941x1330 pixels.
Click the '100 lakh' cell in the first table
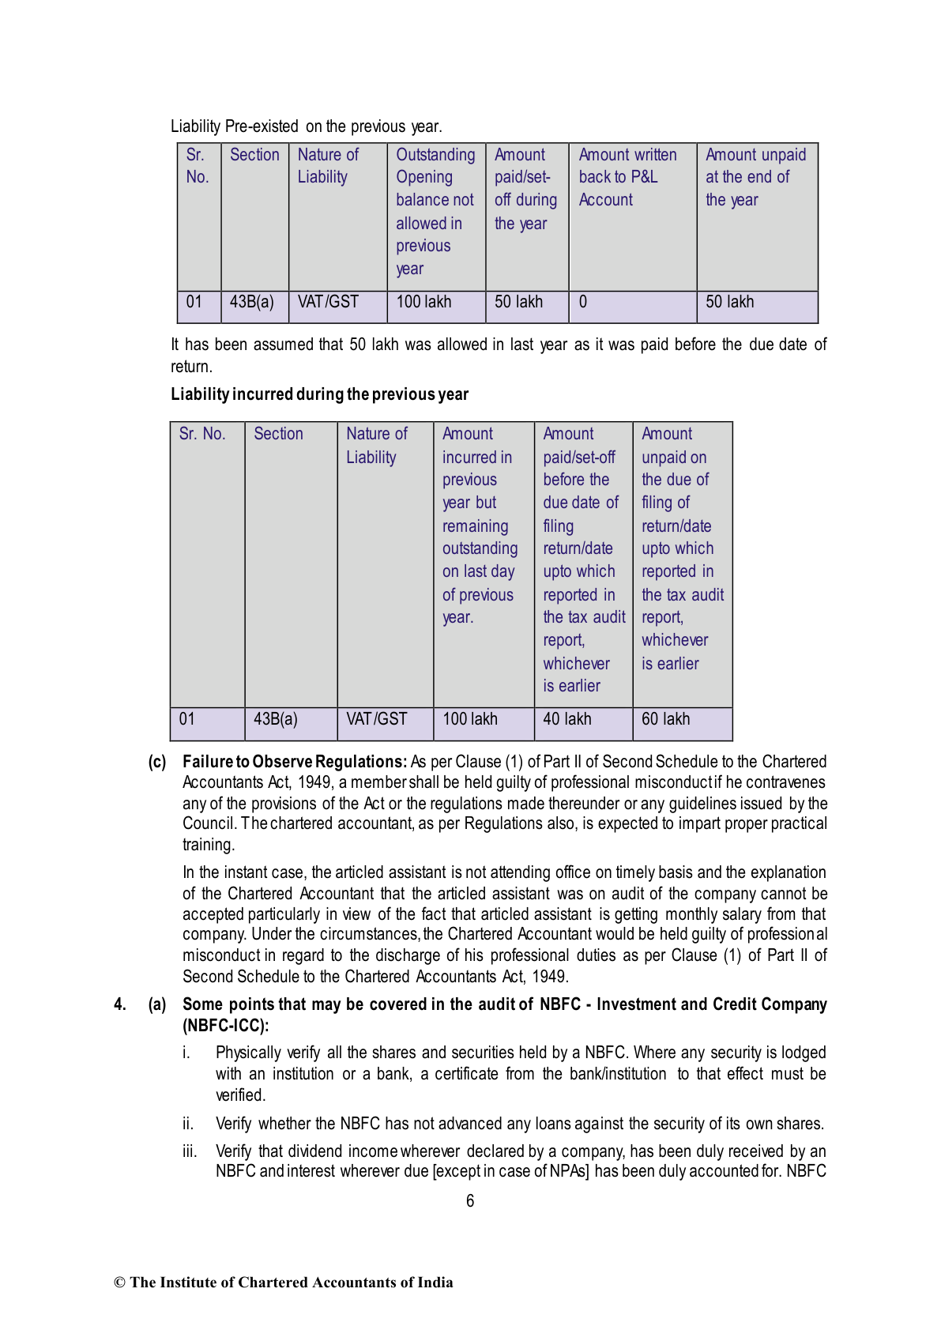423,303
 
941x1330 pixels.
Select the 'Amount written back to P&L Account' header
627,178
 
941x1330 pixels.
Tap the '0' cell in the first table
583,303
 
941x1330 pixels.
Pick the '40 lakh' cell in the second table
567,720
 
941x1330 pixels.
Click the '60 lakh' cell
665,720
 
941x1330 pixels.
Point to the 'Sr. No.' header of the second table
202,435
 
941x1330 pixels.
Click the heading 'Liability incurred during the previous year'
319,394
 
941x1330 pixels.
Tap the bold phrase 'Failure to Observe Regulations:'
295,762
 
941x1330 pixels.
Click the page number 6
470,1201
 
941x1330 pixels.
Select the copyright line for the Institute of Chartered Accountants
284,1283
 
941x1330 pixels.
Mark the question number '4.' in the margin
120,1004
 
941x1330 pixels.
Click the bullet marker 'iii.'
190,1151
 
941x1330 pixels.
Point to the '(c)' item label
157,762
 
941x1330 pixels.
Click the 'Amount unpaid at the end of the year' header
755,178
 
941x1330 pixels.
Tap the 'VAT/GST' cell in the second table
376,720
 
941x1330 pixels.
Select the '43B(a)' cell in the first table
252,303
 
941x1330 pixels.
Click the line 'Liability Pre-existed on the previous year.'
307,126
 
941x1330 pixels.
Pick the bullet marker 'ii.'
188,1124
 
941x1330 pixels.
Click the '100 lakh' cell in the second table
470,720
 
